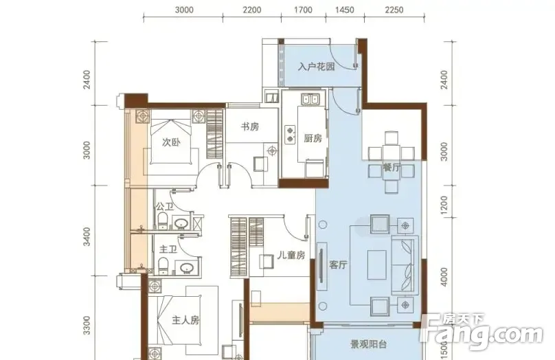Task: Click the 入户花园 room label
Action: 317,67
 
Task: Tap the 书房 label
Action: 250,126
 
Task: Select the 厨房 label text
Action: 313,138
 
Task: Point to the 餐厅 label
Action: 392,167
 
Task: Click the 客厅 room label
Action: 338,265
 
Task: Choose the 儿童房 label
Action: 291,255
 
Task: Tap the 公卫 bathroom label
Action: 165,206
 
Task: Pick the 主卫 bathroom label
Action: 168,249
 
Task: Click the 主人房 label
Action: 185,320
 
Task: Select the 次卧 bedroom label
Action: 171,142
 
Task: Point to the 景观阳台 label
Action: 368,344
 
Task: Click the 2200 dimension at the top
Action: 252,10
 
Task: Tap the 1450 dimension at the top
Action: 344,10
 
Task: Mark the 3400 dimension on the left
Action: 87,237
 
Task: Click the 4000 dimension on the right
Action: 444,277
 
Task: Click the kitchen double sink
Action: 310,100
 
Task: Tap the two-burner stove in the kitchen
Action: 291,135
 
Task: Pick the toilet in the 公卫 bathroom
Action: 162,221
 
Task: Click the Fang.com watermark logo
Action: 482,332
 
